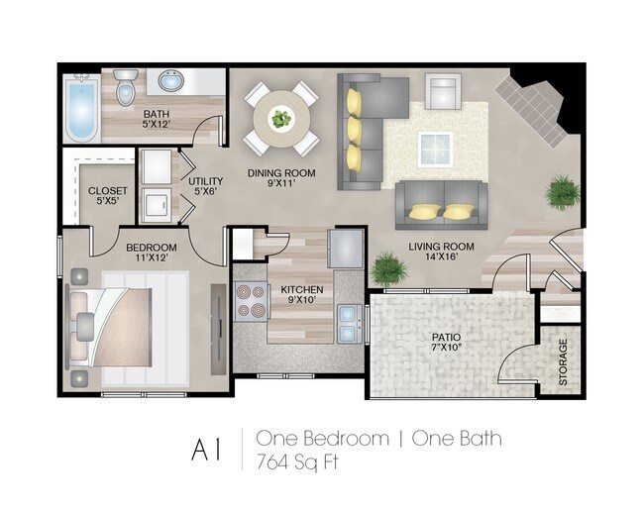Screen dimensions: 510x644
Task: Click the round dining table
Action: (x=282, y=120)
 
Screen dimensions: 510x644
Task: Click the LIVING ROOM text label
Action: (x=441, y=247)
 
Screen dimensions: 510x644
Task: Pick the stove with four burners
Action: (x=251, y=300)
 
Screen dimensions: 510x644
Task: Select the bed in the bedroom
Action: (x=124, y=326)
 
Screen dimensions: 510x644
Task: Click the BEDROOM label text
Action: (x=151, y=247)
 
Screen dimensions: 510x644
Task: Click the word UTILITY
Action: (x=205, y=181)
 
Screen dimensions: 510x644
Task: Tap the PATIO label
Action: (x=446, y=337)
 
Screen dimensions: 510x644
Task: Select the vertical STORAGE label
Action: (x=562, y=361)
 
